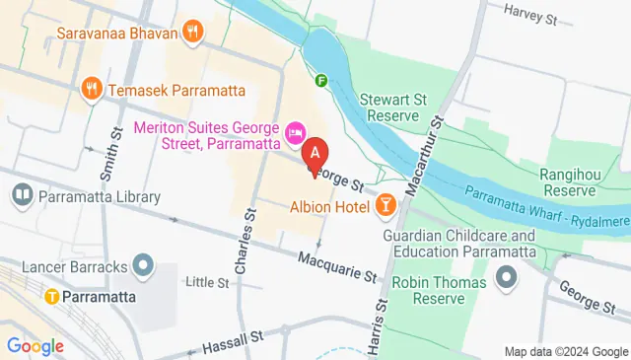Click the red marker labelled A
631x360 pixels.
315,156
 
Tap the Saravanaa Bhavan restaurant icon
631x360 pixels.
193,32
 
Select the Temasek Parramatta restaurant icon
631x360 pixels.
94,88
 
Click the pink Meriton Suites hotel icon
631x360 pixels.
294,132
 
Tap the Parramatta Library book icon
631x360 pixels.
22,196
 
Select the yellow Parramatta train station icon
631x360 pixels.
47,295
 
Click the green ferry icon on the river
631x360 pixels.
321,81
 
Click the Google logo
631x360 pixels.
35,346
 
